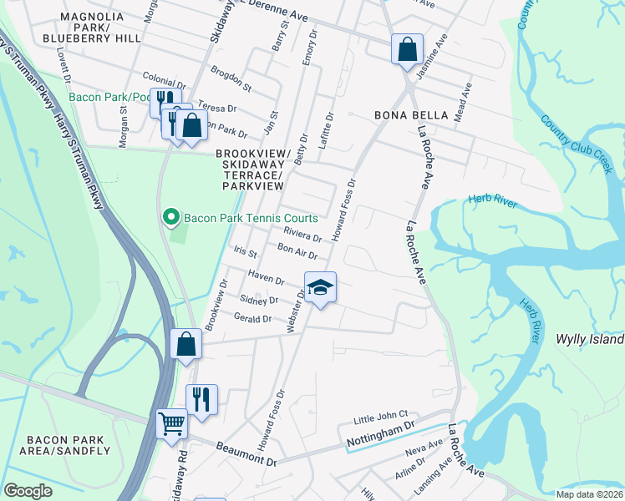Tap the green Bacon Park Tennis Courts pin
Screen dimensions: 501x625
click(171, 218)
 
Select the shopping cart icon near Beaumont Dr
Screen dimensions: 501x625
click(171, 423)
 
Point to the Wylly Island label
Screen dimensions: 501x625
click(590, 339)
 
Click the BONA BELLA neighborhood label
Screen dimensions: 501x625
click(411, 114)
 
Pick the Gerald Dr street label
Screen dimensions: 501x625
click(252, 319)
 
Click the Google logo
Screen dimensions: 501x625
click(28, 491)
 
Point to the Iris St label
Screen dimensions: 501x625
click(245, 251)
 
